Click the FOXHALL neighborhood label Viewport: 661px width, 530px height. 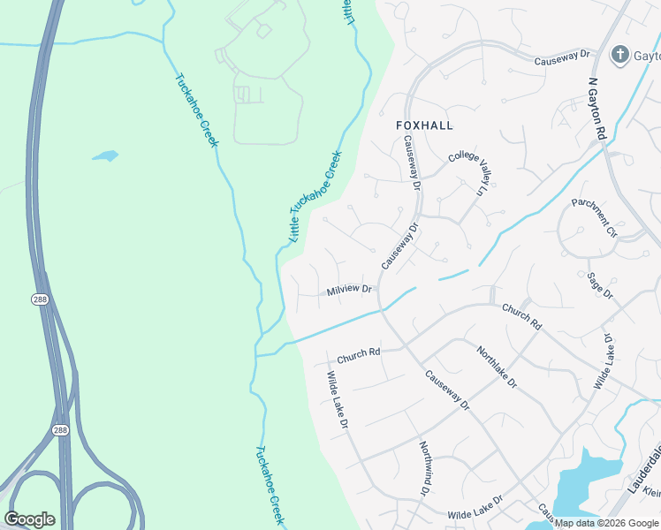(x=424, y=125)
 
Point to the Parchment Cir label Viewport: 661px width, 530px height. (x=594, y=217)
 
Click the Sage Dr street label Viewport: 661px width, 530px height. (x=599, y=286)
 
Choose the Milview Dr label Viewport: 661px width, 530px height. (x=349, y=290)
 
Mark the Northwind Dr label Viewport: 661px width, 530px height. (x=426, y=468)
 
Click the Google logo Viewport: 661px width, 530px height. (x=29, y=519)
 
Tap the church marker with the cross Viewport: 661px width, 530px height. (x=619, y=55)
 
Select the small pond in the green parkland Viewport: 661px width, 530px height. (x=105, y=156)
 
